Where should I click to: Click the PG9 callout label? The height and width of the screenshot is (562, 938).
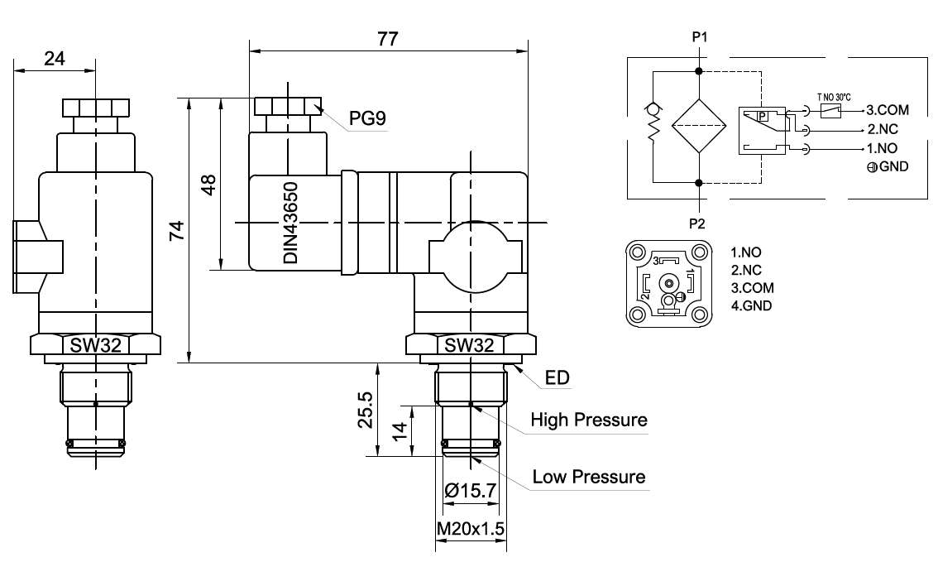(x=367, y=119)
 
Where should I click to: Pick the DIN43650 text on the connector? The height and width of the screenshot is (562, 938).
(x=290, y=224)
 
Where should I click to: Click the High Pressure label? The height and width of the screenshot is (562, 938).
(x=588, y=420)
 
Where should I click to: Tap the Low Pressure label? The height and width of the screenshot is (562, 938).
(x=588, y=477)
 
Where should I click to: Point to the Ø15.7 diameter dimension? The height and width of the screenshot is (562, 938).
(x=471, y=491)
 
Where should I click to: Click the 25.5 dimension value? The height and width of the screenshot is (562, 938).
(x=365, y=410)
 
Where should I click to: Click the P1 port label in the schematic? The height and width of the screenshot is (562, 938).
(x=700, y=36)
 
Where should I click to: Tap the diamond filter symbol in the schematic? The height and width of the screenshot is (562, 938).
(x=699, y=126)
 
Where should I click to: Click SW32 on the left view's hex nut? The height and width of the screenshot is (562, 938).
(x=94, y=346)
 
